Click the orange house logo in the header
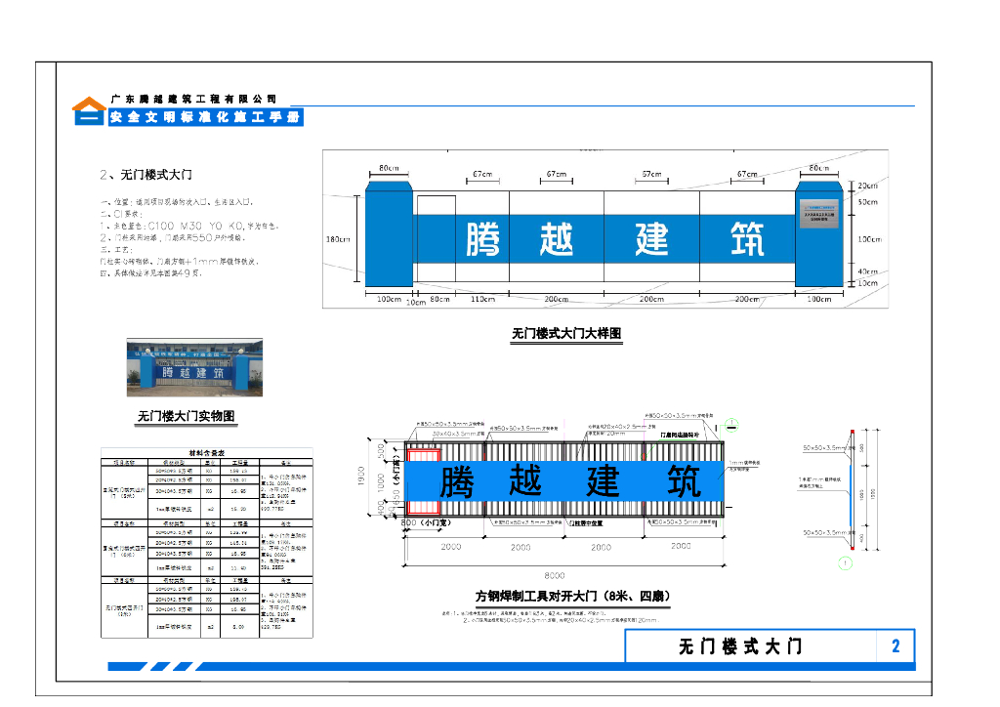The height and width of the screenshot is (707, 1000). click(89, 110)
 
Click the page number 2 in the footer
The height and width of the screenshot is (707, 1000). click(896, 646)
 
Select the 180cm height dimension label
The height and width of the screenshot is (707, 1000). click(337, 239)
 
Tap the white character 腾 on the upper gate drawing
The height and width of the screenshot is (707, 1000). click(483, 239)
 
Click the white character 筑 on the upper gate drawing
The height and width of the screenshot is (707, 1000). click(747, 239)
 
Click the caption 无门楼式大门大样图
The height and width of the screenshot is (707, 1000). click(566, 333)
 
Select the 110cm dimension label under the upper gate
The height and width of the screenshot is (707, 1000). click(483, 299)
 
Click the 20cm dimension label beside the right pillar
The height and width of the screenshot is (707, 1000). click(867, 186)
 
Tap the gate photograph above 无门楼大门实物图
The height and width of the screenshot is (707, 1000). click(195, 368)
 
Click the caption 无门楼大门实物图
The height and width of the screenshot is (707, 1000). click(187, 417)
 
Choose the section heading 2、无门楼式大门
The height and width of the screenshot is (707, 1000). click(146, 175)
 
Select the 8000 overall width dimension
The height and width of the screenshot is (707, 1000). click(555, 575)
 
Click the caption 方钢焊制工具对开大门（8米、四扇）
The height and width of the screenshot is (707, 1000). click(573, 596)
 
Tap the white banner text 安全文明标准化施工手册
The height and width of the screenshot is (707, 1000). click(204, 117)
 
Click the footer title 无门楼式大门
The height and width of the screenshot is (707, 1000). click(740, 646)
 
